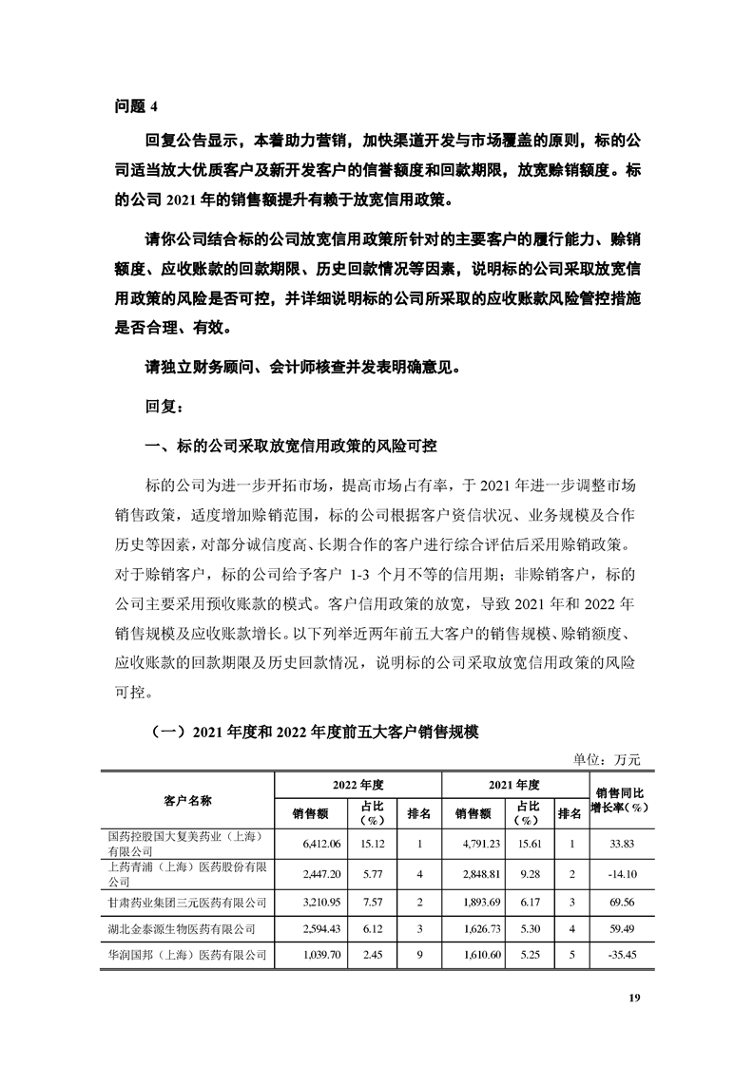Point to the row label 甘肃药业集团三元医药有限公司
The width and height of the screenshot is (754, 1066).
coord(187,901)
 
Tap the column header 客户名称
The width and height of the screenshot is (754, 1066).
coord(187,799)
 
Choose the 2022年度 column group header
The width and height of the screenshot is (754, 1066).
coord(358,786)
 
